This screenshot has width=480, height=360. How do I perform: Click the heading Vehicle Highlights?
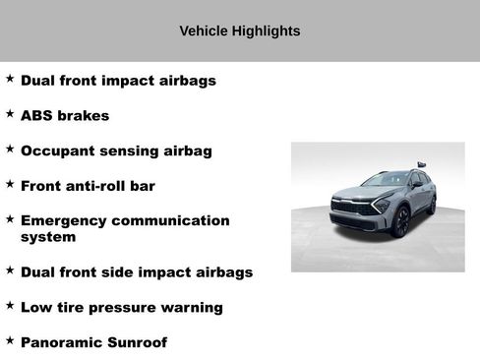[x=239, y=31]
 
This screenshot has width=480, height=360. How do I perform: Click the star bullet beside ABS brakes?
[x=10, y=114]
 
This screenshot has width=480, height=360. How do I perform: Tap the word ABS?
[x=37, y=116]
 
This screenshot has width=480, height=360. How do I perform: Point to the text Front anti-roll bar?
[x=88, y=186]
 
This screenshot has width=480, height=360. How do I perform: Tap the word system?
[x=48, y=237]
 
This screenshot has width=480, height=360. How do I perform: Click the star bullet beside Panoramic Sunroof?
[x=10, y=340]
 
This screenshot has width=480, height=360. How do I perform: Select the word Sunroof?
[x=138, y=342]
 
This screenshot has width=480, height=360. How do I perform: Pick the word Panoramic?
[x=62, y=342]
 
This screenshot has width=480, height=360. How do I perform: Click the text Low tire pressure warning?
[x=121, y=308]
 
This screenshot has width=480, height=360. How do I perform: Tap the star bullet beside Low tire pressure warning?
[x=10, y=306]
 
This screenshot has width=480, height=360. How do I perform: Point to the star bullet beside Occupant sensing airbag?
[x=10, y=150]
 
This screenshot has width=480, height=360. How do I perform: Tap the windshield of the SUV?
[x=387, y=180]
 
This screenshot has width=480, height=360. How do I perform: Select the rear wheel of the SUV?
[x=431, y=205]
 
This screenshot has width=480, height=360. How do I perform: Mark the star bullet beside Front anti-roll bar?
[x=10, y=184]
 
